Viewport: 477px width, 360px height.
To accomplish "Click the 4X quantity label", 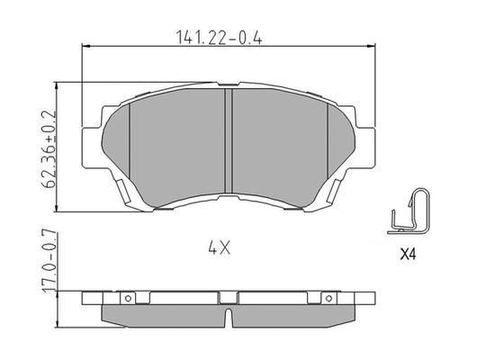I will point(220,245).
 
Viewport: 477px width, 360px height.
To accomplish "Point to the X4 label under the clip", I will point(407,255).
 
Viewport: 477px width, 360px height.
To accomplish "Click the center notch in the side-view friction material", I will point(229,318).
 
